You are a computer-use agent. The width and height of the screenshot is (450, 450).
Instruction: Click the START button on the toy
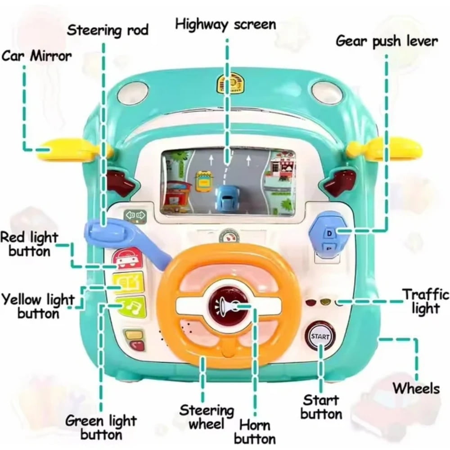(x=320, y=336)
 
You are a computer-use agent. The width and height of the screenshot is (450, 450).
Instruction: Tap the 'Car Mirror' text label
(x=37, y=56)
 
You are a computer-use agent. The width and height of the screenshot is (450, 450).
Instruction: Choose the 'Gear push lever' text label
(x=387, y=41)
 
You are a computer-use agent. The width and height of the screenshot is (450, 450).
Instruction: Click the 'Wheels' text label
(x=416, y=388)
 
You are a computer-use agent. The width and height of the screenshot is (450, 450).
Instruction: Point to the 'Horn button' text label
(x=255, y=432)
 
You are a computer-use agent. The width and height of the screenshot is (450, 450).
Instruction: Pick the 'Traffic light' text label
(x=425, y=301)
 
